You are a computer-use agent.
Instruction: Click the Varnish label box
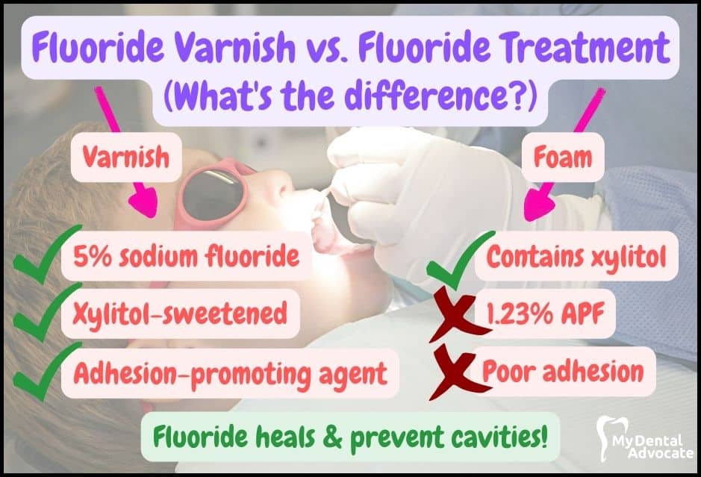[126, 157]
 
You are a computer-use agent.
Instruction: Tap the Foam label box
[563, 157]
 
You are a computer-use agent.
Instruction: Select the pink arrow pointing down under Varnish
[143, 201]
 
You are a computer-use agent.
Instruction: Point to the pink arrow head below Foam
[538, 205]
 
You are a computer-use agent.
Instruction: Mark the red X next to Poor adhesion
[458, 372]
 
